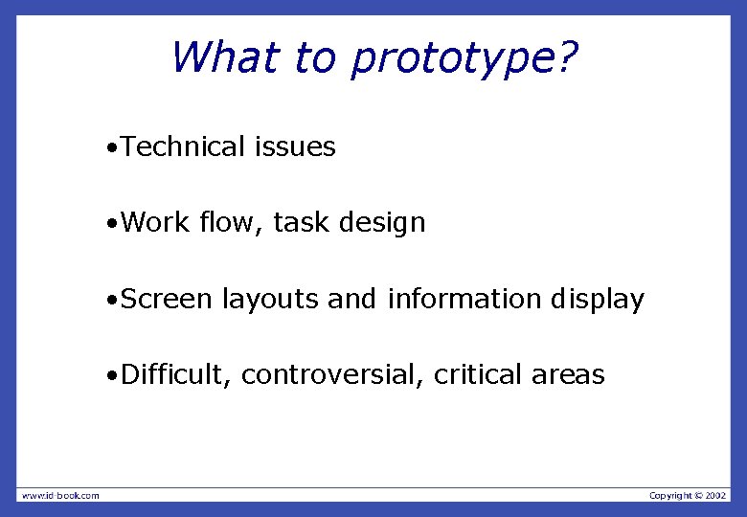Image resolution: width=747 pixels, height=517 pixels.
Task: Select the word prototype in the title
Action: (x=450, y=59)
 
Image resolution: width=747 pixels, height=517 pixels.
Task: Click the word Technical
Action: (x=184, y=146)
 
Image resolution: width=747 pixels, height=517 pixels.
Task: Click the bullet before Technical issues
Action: (x=113, y=148)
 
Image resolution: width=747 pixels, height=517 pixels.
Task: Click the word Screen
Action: (x=167, y=299)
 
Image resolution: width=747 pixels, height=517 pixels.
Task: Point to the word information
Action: (x=464, y=299)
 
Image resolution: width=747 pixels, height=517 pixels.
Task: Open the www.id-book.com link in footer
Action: (x=60, y=495)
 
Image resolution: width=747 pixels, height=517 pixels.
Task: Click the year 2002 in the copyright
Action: (x=716, y=495)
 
